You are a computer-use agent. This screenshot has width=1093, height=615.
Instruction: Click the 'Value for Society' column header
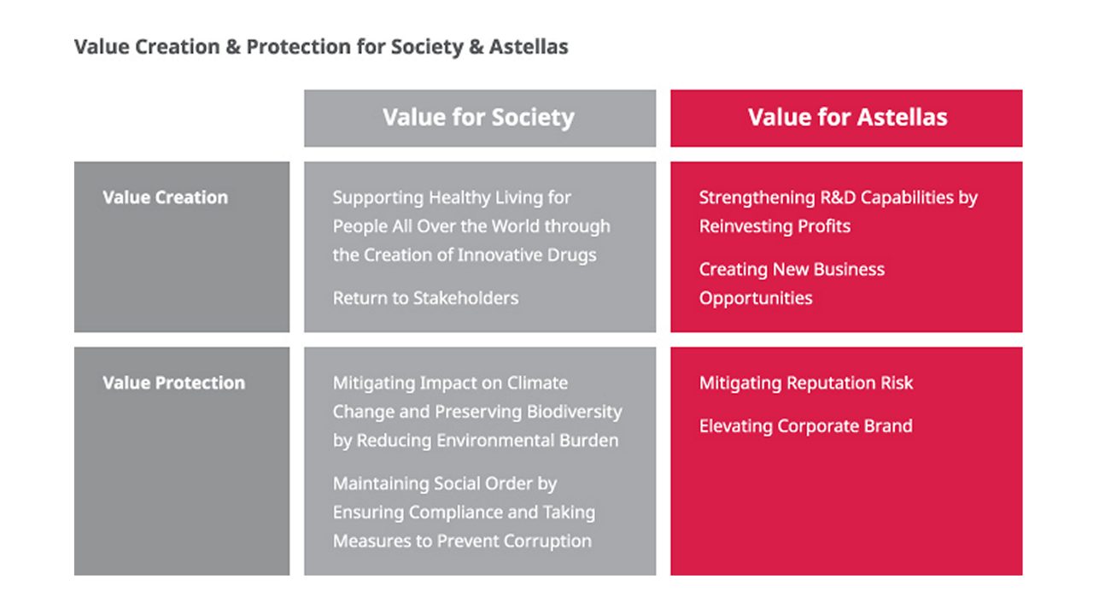[x=478, y=118]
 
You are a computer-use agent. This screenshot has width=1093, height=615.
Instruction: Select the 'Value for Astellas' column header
[x=848, y=117]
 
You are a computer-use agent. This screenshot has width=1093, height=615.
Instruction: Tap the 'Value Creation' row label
[x=166, y=197]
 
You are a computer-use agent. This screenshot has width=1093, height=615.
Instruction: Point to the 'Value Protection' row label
[x=173, y=383]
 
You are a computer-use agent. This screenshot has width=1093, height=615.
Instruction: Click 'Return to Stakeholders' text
[x=425, y=298]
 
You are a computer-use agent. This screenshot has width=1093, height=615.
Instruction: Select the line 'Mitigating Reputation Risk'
[x=806, y=383]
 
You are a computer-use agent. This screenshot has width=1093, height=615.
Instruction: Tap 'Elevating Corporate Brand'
[x=806, y=425]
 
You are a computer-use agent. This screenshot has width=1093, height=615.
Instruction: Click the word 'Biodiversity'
[x=575, y=412]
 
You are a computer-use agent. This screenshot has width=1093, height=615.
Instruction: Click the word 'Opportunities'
[x=756, y=298]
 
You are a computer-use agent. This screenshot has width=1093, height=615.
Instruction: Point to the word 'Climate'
[x=537, y=383]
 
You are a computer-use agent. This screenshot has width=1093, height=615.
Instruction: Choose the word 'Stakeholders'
[x=466, y=298]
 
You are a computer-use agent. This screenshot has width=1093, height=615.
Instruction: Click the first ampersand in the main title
[x=233, y=47]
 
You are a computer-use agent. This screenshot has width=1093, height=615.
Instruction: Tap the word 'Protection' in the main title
[x=299, y=47]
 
